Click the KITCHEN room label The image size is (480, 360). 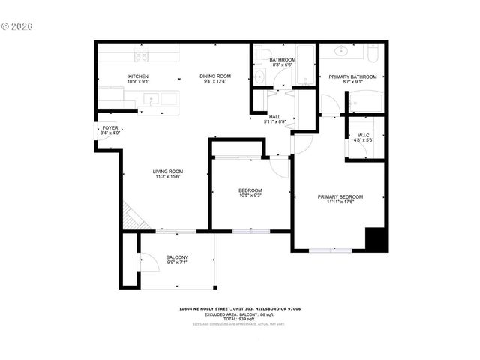point(138,76)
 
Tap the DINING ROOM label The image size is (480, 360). point(214,76)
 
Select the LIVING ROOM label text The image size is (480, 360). point(169,172)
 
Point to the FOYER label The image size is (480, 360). point(109,127)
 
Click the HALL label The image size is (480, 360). point(274,117)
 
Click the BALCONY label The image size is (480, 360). point(177,258)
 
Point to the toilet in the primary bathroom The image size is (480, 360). point(373,52)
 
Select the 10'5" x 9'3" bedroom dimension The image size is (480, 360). point(251,196)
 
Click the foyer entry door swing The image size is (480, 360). point(103,131)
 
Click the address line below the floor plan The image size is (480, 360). point(239,308)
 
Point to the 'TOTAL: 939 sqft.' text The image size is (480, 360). point(239,319)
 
